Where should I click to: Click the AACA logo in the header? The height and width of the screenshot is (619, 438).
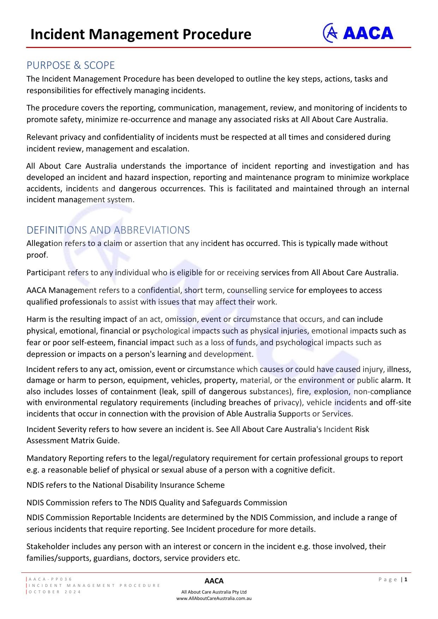358,33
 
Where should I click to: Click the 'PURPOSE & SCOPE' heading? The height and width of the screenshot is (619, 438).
71,65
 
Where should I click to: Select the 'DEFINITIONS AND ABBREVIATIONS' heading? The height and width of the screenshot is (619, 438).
108,230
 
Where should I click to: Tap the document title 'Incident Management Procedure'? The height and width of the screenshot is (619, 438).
141,34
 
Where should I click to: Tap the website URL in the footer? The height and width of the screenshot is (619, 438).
214,598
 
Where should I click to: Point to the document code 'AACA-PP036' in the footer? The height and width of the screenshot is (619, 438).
50,579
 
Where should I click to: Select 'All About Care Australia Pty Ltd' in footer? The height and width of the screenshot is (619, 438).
214,592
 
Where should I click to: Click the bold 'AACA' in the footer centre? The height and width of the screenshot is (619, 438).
214,581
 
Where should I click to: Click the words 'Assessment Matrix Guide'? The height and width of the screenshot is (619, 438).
73,441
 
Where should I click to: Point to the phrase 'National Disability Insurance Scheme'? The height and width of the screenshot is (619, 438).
158,485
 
